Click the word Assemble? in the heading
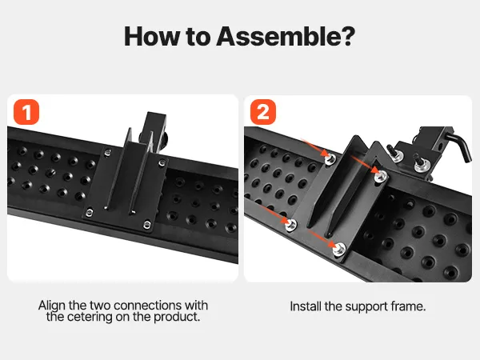[286, 37]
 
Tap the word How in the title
[152, 37]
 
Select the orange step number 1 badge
[26, 112]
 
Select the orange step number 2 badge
[263, 112]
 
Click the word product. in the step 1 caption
[177, 317]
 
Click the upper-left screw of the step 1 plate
[107, 152]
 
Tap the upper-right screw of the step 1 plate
[162, 163]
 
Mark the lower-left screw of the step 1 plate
[90, 211]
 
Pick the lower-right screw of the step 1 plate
[147, 225]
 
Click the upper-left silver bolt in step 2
[330, 159]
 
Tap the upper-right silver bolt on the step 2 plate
[381, 176]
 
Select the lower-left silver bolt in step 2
[290, 225]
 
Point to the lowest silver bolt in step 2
[339, 249]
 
